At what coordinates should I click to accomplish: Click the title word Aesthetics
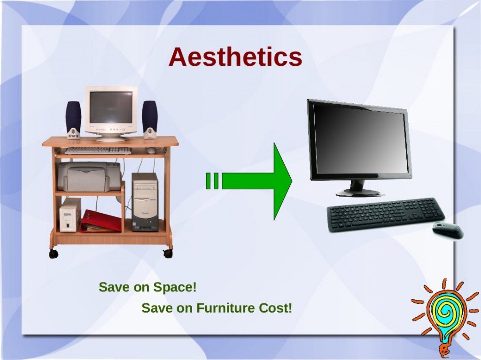pos(235,57)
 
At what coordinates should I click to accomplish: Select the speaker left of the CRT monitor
pos(73,120)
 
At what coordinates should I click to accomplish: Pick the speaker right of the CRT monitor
pos(150,120)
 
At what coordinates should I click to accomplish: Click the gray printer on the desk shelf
pos(89,176)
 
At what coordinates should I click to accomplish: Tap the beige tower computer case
pos(145,202)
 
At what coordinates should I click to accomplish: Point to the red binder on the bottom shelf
pos(101,222)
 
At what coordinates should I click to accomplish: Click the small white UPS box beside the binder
pos(70,214)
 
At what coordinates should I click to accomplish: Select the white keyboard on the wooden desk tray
pos(98,151)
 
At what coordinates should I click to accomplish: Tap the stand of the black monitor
pos(359,189)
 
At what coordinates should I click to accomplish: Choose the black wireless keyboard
pos(386,214)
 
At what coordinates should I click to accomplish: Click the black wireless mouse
pos(448,230)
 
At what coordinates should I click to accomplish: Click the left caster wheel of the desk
pos(54,253)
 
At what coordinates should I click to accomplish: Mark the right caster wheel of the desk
pos(168,253)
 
